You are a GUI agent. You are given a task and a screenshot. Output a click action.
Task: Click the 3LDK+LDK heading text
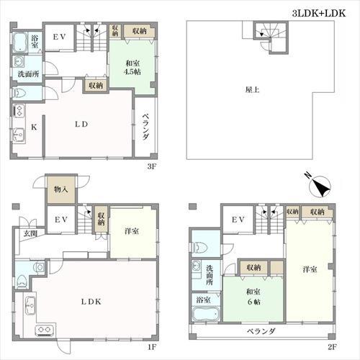tap(319, 13)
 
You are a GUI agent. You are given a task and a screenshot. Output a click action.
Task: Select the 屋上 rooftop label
tap(252, 90)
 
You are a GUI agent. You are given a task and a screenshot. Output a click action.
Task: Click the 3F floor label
tap(152, 166)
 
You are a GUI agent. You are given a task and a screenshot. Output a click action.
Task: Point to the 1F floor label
tap(152, 347)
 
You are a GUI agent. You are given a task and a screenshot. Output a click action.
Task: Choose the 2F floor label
tap(333, 347)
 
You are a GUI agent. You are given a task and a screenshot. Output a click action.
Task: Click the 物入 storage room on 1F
tap(61, 189)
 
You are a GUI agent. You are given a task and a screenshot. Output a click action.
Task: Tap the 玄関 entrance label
tap(30, 233)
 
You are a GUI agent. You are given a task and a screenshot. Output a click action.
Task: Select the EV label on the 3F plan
tap(59, 37)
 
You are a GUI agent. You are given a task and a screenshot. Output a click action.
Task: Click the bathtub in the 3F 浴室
tap(19, 42)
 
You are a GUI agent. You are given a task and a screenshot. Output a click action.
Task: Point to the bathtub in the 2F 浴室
tap(206, 314)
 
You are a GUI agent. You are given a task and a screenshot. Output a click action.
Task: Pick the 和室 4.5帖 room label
tap(132, 68)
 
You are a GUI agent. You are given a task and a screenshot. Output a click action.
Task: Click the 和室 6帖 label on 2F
tap(253, 297)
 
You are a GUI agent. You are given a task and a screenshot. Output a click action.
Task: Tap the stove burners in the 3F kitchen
tap(19, 112)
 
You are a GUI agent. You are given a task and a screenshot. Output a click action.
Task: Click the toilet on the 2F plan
tap(199, 247)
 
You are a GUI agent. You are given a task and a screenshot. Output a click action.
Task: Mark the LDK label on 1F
tap(91, 302)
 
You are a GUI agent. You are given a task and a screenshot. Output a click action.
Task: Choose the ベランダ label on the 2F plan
tap(261, 331)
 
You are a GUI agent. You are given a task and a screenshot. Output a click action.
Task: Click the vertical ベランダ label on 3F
tap(145, 126)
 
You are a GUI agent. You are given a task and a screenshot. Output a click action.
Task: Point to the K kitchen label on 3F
tap(34, 127)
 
